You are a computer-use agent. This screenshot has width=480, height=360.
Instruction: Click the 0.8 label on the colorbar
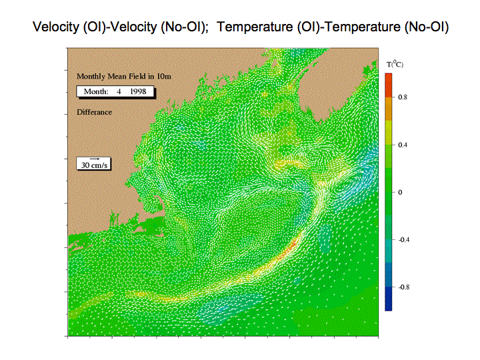coord(403,97)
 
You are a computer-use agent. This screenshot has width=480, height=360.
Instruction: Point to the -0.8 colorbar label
coord(404,287)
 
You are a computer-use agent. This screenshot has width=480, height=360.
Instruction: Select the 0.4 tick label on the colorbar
coord(403,145)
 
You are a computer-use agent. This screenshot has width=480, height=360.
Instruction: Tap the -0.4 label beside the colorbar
coord(404,240)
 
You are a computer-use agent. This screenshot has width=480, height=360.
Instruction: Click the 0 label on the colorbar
coord(400,192)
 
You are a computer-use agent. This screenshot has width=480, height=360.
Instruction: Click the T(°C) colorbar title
coord(395,64)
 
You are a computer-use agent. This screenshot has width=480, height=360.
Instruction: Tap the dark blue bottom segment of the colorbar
coord(389,299)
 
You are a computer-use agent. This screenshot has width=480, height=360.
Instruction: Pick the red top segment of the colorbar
coord(389,85)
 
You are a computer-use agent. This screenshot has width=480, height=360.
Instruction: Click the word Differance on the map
coord(94,112)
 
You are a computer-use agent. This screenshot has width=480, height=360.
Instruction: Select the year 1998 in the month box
coord(138,91)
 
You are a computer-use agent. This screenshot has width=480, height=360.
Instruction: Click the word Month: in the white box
coord(96,91)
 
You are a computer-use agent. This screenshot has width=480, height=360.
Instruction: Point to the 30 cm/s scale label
coord(94,165)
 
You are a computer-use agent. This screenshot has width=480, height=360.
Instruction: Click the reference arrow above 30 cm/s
coord(95,159)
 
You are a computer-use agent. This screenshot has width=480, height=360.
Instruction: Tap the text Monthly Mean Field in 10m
coord(124,77)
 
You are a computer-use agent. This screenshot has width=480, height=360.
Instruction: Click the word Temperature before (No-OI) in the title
coord(255,27)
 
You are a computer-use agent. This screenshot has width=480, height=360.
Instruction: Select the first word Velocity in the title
coord(56,27)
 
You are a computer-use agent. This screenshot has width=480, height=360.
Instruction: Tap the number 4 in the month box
coord(119,91)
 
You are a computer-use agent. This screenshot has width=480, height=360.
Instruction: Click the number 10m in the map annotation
coord(164,77)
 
